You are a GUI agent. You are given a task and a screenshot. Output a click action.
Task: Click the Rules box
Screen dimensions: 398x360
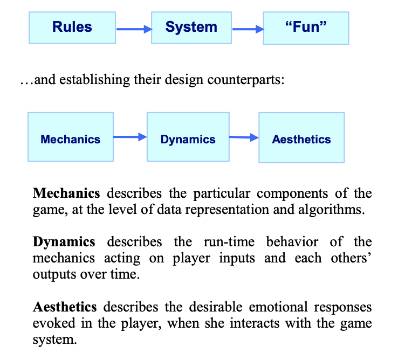(x=72, y=27)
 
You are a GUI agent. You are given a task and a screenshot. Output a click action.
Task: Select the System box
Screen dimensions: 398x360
(x=191, y=27)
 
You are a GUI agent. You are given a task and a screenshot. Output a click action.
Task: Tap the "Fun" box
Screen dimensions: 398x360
(x=305, y=27)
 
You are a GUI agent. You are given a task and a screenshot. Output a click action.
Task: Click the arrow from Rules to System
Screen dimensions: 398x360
(x=133, y=30)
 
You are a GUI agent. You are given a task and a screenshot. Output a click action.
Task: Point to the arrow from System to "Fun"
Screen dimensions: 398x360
(x=247, y=30)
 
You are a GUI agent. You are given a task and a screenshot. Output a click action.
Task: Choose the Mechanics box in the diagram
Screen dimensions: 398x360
(x=71, y=139)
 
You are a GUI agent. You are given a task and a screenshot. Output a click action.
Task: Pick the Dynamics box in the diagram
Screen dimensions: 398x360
(x=188, y=139)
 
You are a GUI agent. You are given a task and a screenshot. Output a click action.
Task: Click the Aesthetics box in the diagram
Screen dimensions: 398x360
(x=301, y=139)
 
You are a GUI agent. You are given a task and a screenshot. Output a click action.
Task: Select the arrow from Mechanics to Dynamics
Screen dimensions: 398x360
(x=130, y=137)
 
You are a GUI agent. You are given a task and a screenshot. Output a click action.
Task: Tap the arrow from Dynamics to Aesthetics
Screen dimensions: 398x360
(x=244, y=138)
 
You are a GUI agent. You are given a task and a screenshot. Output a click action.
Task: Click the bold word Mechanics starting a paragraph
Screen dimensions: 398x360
(x=67, y=193)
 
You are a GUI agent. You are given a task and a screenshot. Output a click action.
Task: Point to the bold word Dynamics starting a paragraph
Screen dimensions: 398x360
(x=64, y=242)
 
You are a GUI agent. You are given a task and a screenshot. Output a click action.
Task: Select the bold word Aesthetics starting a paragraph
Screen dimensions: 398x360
(x=65, y=307)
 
